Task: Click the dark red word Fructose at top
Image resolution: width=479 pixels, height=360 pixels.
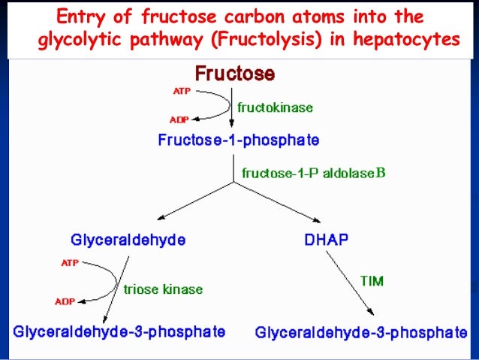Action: click(235, 74)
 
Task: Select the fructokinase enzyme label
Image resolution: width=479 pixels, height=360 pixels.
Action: click(275, 107)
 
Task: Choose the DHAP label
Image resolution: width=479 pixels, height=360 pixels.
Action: click(322, 241)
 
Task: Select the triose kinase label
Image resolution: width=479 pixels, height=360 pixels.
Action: click(163, 288)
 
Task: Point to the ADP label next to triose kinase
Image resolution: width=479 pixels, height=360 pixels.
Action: click(65, 302)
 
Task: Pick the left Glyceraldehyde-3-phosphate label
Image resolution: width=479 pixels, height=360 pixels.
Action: click(119, 330)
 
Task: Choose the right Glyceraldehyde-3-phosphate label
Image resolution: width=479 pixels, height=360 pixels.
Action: click(361, 331)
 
